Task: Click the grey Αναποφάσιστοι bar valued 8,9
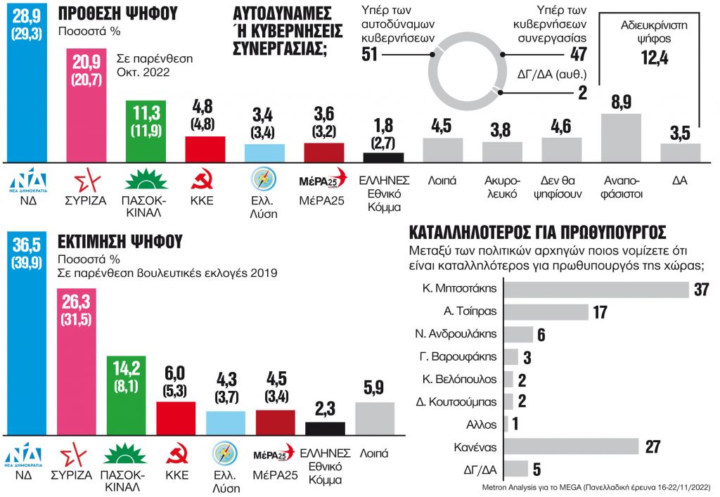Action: coord(622,138)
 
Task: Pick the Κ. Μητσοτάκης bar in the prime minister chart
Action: coord(597,290)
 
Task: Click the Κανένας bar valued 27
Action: coord(572,446)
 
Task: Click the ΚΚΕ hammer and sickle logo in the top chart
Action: coord(205,180)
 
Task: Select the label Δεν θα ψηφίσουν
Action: coord(561,187)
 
